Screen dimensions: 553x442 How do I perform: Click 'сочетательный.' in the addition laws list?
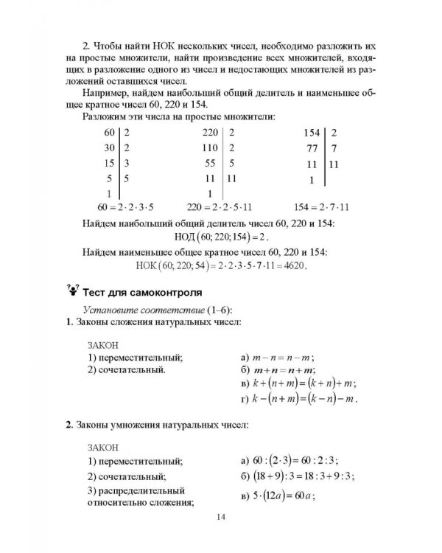click(126, 369)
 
